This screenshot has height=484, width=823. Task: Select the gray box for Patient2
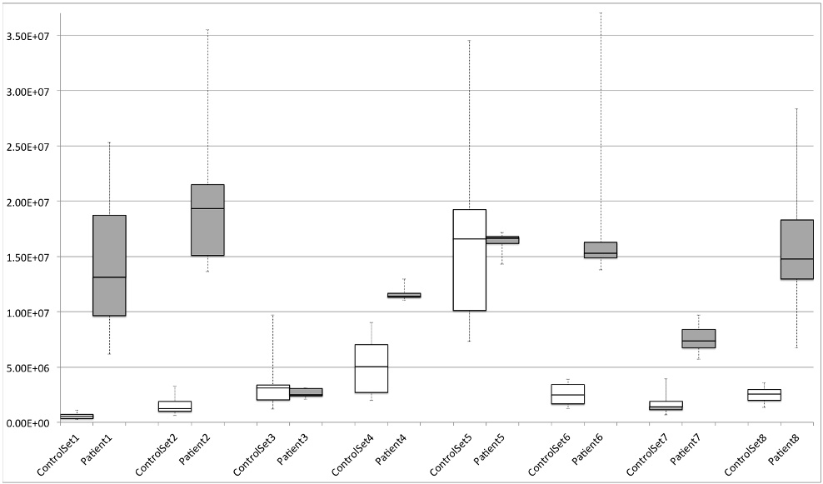207,220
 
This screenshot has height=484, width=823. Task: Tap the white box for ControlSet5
469,260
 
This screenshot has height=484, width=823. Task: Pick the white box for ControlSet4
371,368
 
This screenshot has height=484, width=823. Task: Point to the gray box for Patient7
698,338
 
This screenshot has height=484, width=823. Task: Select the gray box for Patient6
600,250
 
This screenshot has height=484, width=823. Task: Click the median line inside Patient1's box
109,277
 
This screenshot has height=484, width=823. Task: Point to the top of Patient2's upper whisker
207,29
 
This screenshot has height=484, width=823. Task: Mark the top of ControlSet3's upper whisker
272,315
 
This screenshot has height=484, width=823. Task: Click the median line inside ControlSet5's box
469,238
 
